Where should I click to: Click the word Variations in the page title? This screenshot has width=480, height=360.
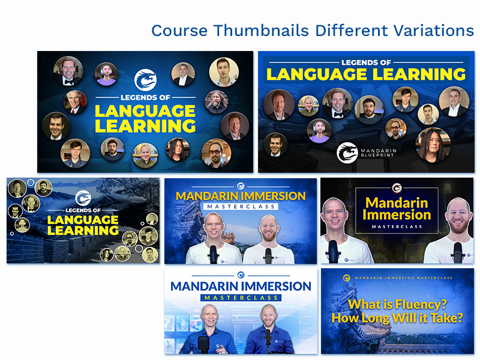coord(433,31)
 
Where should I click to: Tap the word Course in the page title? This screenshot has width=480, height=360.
coord(179,31)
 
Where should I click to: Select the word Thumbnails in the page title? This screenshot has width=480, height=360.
coord(261,31)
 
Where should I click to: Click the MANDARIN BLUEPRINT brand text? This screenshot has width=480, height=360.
coord(379,153)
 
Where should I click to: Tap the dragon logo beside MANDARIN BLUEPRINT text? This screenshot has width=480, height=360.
coord(347,152)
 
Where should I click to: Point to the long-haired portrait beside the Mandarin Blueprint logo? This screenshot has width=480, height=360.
coord(433,145)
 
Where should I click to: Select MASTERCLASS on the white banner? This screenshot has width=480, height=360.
coord(241,206)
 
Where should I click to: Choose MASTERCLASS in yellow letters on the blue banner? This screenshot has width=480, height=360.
coord(241,298)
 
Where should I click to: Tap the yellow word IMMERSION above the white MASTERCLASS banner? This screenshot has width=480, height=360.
coord(273,196)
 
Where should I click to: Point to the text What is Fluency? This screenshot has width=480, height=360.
coord(397,304)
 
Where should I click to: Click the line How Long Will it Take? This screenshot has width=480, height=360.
coord(397,318)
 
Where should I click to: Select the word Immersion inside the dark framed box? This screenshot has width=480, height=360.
coord(397,215)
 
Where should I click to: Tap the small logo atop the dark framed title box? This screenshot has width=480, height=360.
coord(397,188)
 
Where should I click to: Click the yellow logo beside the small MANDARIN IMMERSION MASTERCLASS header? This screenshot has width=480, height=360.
coord(347,278)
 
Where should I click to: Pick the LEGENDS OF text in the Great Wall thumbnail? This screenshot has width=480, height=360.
coord(83,211)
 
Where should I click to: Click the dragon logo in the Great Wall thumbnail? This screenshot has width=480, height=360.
coord(83,198)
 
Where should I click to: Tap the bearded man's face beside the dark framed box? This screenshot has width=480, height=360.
coord(458,217)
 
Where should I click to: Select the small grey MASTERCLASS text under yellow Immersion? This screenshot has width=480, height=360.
coord(397,227)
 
